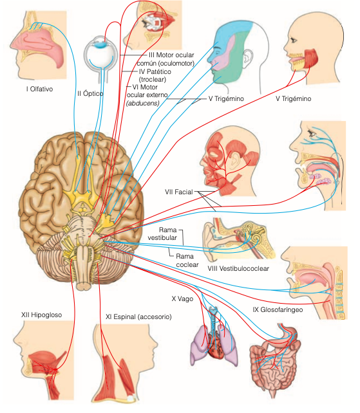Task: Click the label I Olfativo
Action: pos(39,89)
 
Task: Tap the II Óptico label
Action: pos(90,93)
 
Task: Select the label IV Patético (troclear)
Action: pos(155,75)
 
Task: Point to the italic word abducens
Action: pos(143,103)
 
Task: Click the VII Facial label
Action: pos(179,192)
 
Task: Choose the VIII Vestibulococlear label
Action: pos(238,268)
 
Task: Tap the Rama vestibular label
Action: pos(162,234)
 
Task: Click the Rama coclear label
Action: pos(187,261)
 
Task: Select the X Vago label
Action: pos(182,298)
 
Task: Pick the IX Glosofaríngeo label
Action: pos(278,310)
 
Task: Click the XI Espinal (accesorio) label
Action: pos(138,317)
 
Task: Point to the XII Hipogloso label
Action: pos(42,315)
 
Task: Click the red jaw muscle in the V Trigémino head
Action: pos(311,59)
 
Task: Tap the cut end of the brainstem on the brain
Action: pos(84,286)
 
